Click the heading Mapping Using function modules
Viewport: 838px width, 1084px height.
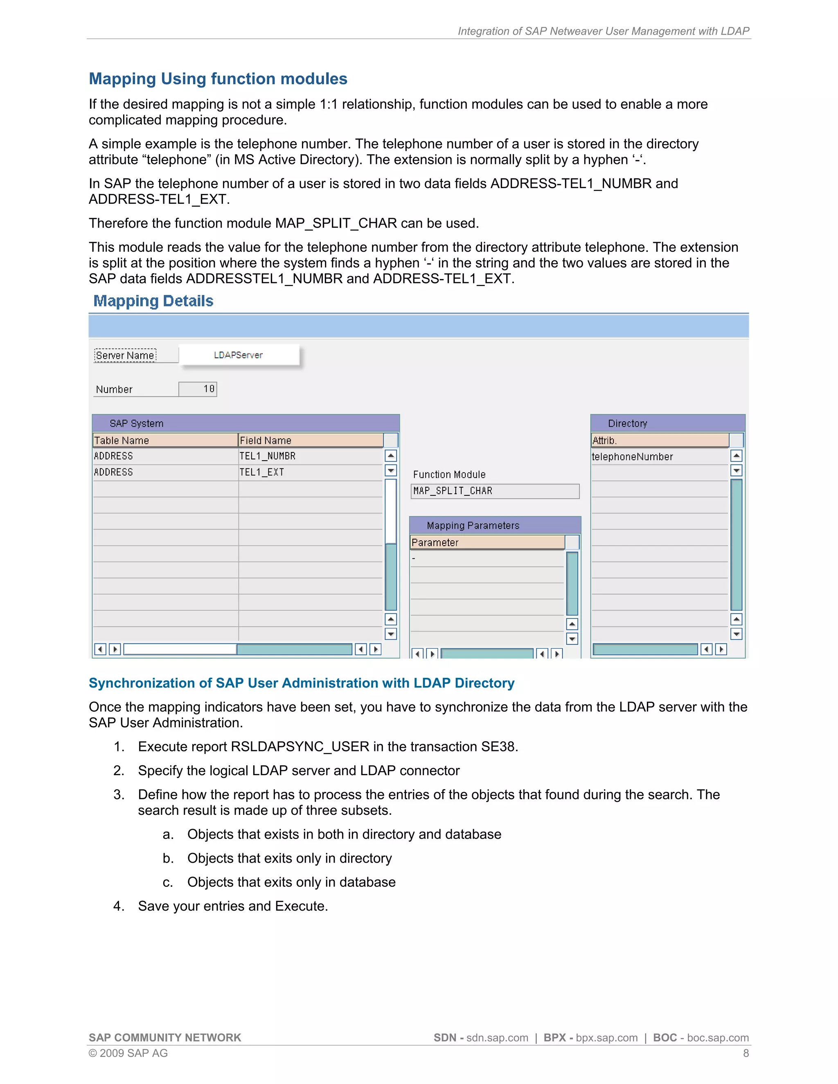[218, 79]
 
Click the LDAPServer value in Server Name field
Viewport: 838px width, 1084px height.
[238, 355]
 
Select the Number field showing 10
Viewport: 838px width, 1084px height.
[198, 389]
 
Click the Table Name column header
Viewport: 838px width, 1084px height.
[165, 440]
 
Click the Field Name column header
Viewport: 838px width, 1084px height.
[310, 440]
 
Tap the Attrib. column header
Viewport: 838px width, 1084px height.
[659, 440]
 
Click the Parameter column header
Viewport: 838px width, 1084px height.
[487, 542]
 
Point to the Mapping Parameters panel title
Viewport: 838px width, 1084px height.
[473, 526]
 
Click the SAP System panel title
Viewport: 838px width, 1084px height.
[137, 423]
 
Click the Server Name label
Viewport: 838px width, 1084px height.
[125, 355]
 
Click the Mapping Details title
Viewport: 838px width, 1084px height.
[153, 301]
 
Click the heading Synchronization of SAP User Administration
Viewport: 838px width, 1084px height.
[301, 683]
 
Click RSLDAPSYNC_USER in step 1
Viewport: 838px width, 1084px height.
[300, 747]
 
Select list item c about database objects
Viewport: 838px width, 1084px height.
[291, 882]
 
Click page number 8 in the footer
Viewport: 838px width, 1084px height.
[745, 1053]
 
